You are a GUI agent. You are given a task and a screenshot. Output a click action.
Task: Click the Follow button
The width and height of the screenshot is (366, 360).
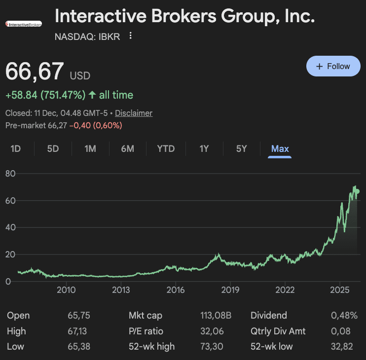pos(333,66)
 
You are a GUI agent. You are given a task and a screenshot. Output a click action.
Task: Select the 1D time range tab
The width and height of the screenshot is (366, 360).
pos(16,148)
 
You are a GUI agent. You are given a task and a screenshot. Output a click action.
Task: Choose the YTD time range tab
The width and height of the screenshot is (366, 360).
pos(166,148)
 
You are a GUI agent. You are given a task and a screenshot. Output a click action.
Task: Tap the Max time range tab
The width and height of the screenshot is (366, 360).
pos(280,148)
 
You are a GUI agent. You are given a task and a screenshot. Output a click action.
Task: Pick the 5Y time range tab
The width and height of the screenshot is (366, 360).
pos(241,148)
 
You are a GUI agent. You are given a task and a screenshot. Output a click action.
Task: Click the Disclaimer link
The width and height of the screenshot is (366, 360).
pos(134,113)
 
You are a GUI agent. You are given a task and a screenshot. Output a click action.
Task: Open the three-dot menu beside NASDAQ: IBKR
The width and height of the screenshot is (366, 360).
pos(130,36)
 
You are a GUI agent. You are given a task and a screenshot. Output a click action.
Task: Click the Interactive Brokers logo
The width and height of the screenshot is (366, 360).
pos(24,24)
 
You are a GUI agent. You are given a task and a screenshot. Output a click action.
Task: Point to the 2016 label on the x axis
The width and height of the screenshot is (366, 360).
pos(176,289)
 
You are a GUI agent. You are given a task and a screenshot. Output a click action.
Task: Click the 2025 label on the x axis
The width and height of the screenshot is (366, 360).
pos(339,289)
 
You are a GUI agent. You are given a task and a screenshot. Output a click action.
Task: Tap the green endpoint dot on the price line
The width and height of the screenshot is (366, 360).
pos(357,191)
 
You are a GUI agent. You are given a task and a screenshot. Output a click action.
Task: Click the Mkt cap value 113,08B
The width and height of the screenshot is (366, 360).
pos(215,316)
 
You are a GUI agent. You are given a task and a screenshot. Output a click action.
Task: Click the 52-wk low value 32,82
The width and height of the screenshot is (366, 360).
pos(342,346)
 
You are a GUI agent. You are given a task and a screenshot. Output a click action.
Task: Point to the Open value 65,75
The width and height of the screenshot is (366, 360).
pos(79,316)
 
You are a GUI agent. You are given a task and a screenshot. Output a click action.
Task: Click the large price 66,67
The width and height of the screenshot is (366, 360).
pos(35,72)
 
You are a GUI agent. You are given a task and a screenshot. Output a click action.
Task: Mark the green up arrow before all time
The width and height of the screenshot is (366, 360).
pos(92,95)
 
